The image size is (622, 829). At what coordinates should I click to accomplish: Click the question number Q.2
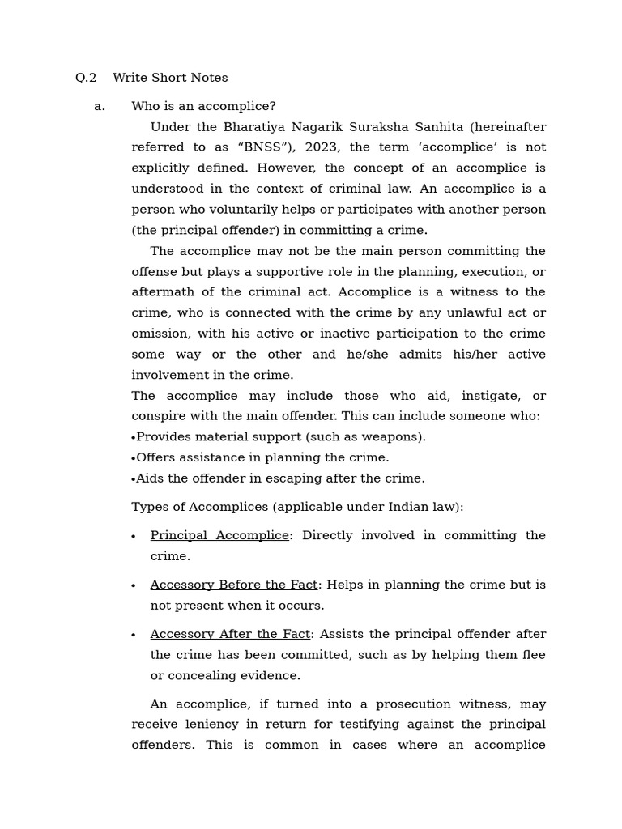tap(86, 78)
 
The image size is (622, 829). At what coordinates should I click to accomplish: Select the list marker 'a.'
tap(100, 106)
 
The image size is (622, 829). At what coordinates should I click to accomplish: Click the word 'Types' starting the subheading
tap(149, 508)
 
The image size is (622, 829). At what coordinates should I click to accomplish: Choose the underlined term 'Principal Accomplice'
tap(219, 536)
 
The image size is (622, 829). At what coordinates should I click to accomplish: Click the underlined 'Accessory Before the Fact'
tap(234, 585)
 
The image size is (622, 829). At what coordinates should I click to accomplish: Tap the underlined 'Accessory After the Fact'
tap(230, 635)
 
